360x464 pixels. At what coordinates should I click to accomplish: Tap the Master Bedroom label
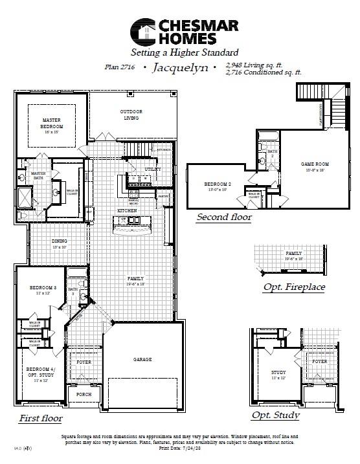tap(52, 123)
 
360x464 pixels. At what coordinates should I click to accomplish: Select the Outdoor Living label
tap(131, 115)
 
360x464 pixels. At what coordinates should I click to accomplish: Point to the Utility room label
tap(153, 169)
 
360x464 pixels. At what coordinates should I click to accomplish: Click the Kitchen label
tap(126, 211)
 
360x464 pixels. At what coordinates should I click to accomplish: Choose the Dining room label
tap(60, 243)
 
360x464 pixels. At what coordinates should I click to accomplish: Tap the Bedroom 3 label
tap(39, 289)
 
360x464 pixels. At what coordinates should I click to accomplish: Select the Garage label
tap(142, 359)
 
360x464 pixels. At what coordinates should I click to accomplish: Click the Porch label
tap(84, 394)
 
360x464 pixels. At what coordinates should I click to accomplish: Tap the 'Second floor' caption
tap(224, 217)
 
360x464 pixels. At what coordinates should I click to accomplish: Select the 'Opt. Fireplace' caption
tap(294, 287)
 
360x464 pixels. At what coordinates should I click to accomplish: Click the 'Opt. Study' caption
tap(275, 415)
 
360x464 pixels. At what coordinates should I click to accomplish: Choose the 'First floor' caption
tap(40, 418)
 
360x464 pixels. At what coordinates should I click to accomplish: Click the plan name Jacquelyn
tap(181, 67)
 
